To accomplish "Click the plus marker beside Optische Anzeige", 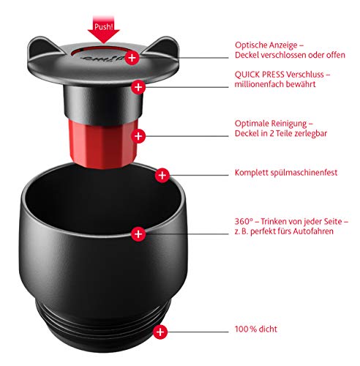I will tap(132, 57).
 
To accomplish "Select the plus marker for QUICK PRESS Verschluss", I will tap(137, 87).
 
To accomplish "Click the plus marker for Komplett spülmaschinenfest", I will tap(163, 176).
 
